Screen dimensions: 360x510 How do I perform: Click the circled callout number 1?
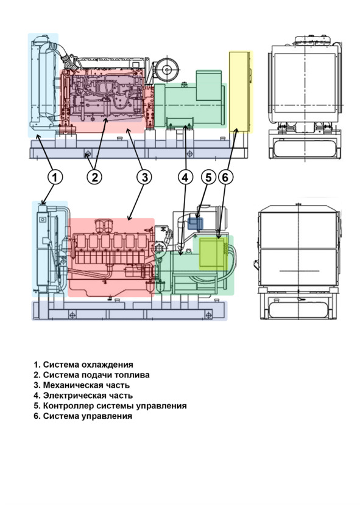pos(55,177)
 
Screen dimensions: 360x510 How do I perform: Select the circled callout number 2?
pos(94,177)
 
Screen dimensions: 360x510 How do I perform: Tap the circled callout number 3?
pos(144,177)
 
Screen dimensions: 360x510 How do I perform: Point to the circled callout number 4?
pos(185,177)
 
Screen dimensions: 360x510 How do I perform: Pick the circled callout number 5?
pos(208,177)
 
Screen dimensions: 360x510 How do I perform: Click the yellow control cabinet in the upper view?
pos(241,92)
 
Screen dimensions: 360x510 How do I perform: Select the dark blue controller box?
pos(196,224)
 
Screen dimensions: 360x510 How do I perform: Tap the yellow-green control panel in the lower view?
pos(213,254)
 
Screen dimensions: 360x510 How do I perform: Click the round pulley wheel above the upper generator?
pos(168,69)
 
